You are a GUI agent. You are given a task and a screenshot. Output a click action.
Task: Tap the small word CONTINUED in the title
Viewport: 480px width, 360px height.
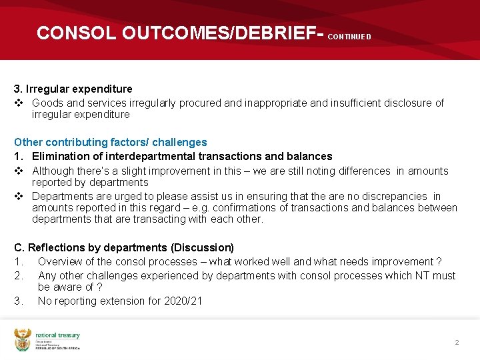[349, 37]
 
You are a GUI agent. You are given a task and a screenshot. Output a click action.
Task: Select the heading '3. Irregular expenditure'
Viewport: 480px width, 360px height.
[73, 89]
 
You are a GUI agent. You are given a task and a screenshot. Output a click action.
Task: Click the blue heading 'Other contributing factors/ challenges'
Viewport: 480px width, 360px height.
[111, 142]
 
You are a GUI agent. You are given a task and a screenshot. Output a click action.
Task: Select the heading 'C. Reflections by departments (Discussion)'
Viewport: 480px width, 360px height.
[124, 247]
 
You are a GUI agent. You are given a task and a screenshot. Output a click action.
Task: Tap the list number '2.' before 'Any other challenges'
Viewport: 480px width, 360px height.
[19, 275]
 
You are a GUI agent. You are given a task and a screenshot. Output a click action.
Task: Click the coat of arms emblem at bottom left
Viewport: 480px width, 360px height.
[23, 339]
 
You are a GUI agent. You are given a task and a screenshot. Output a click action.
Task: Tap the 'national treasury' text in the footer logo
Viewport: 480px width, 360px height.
[57, 335]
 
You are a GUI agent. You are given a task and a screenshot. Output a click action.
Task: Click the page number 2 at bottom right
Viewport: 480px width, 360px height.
[457, 342]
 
